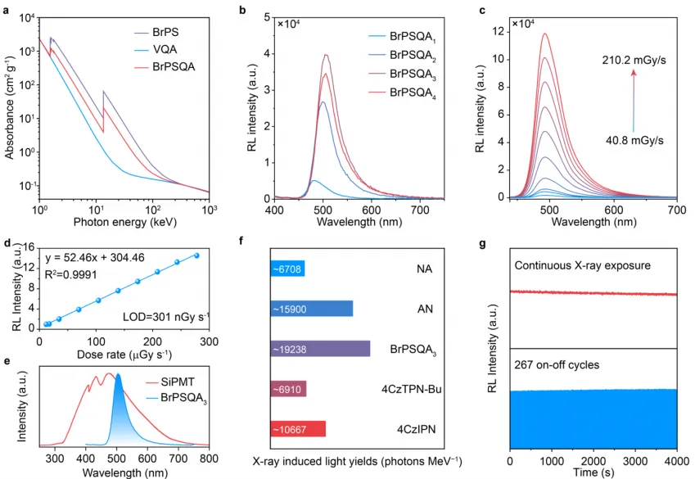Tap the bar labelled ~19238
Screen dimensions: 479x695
pos(319,348)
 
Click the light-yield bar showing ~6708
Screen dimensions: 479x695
pos(287,269)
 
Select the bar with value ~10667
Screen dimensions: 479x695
pos(298,428)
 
